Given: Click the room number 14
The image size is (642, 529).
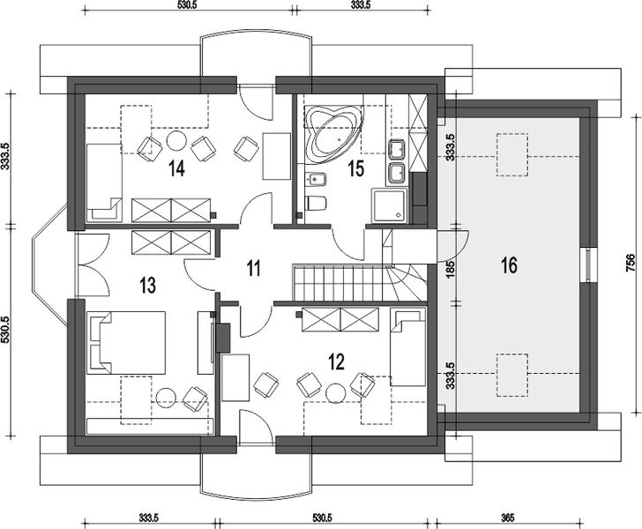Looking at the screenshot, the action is (x=176, y=168).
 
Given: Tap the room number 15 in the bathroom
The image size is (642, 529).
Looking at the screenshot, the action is (x=355, y=168).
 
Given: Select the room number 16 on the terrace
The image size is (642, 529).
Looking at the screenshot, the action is (x=509, y=265).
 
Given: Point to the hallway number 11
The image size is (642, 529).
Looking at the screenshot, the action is (x=253, y=269).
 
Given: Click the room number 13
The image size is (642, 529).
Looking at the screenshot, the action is (x=147, y=285).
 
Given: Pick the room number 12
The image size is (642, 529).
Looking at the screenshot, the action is (x=336, y=361).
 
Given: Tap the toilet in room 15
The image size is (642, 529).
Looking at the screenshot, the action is (x=316, y=203).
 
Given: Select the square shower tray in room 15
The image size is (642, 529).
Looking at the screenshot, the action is (x=390, y=206).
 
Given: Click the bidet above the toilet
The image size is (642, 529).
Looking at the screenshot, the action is (x=316, y=179).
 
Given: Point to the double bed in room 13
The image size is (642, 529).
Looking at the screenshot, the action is (x=126, y=343).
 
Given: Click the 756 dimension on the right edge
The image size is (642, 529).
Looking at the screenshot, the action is (x=631, y=263).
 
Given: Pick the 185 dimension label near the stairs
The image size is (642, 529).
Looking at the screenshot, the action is (x=451, y=269).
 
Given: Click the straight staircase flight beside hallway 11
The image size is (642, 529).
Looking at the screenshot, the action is (x=339, y=282).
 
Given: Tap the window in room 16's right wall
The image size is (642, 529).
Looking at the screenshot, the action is (x=588, y=264).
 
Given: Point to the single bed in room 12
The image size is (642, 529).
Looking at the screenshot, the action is (x=407, y=348).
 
